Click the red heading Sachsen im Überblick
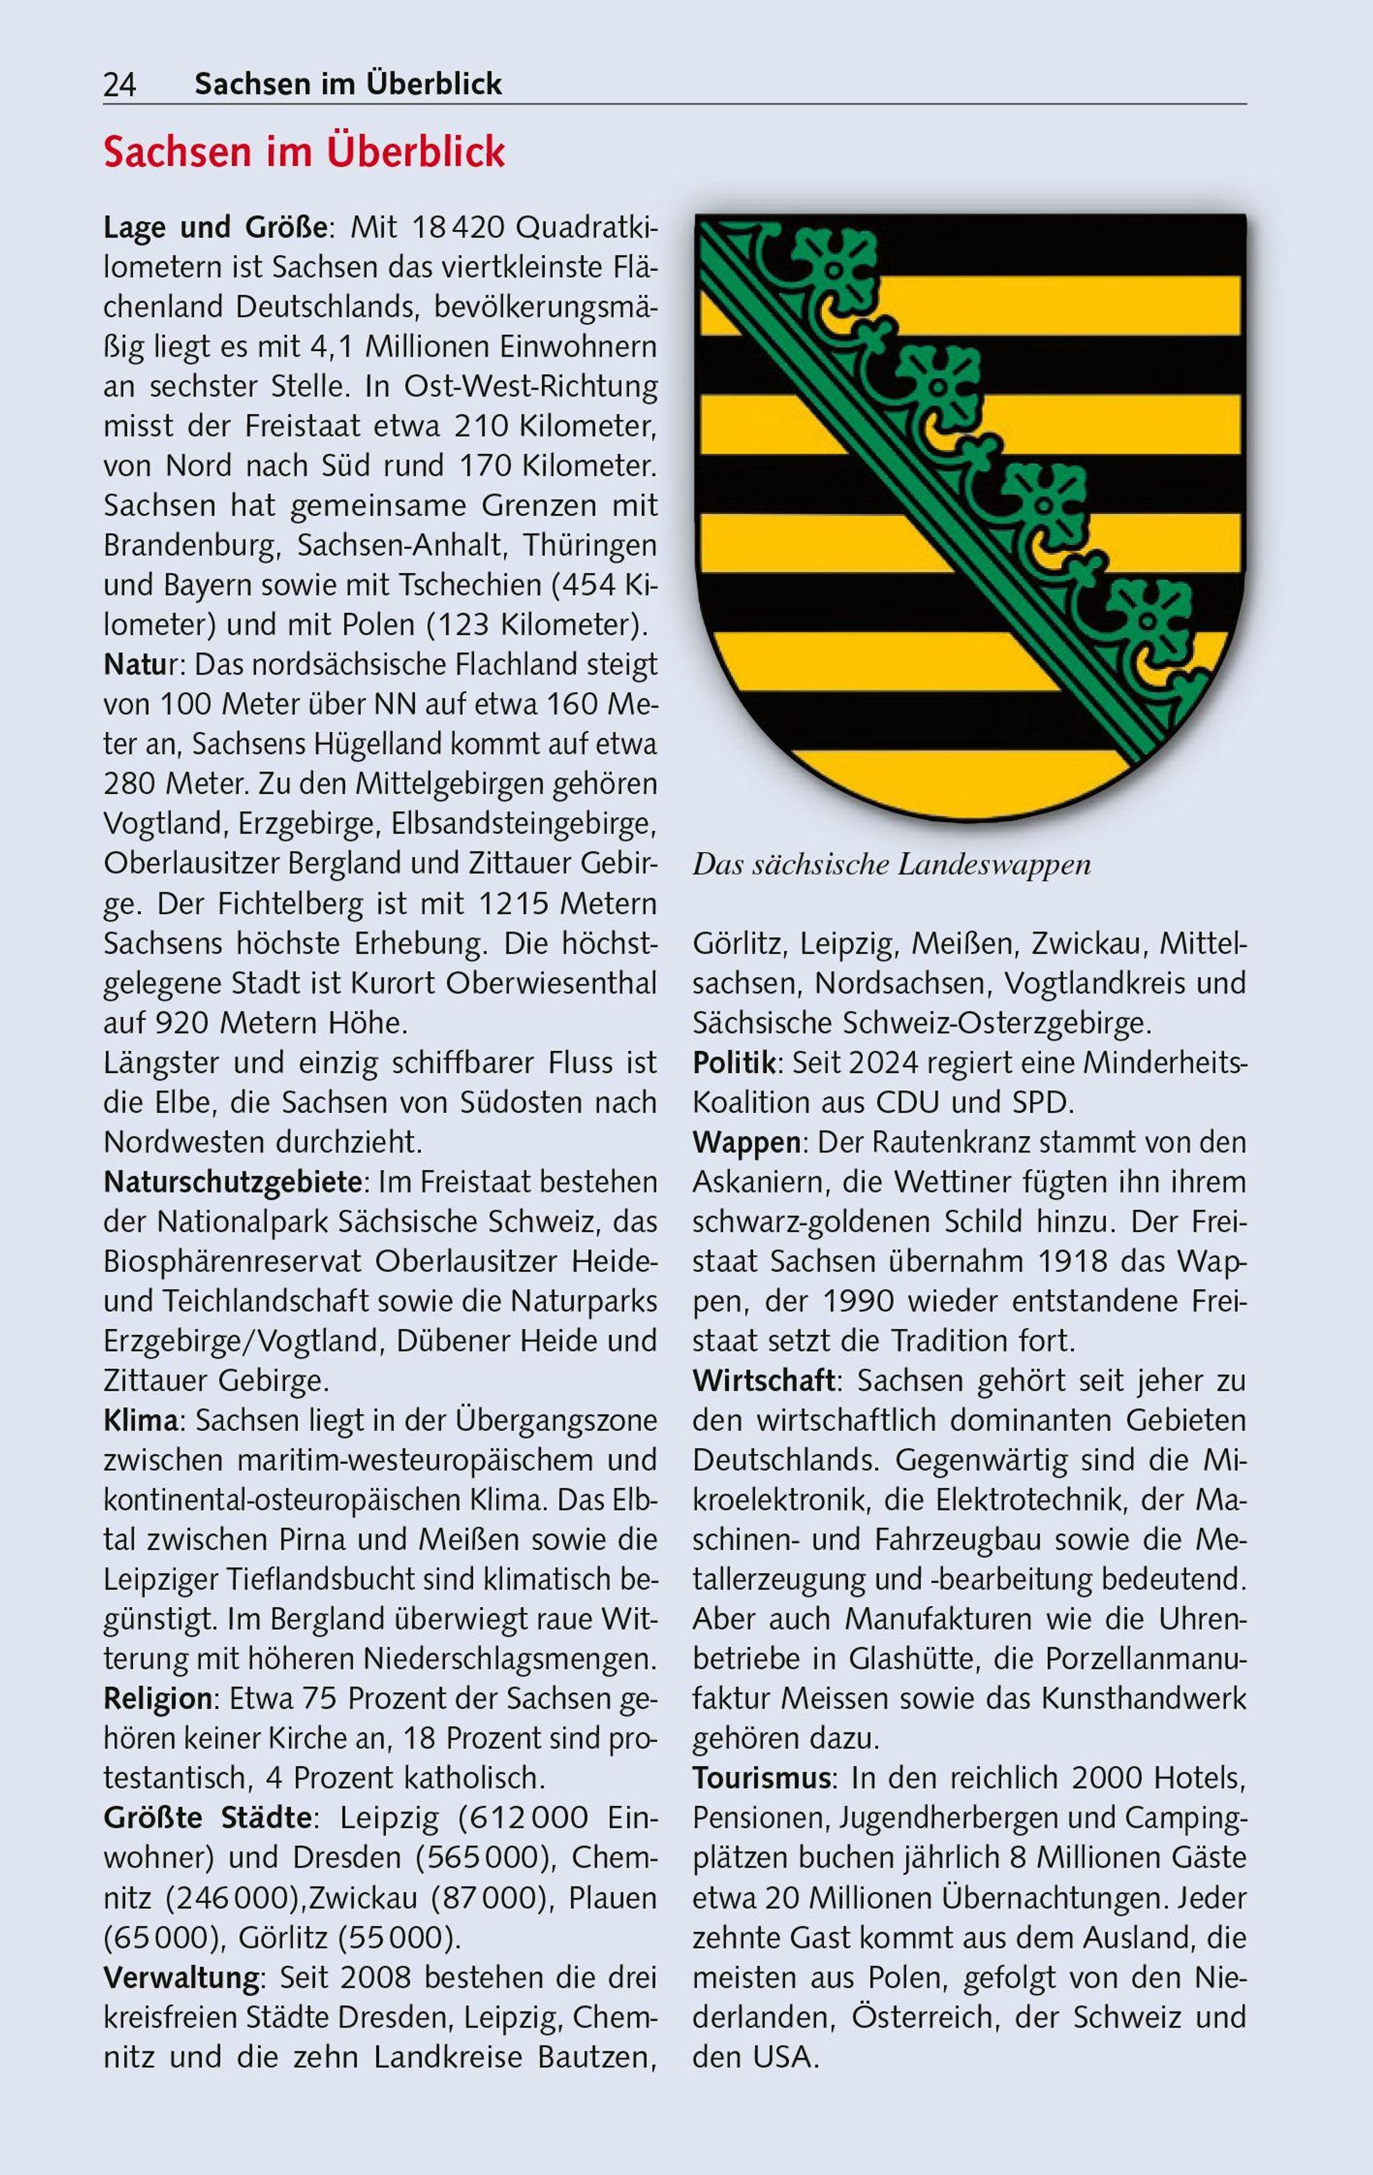(304, 153)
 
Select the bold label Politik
(733, 1063)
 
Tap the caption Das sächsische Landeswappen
(891, 865)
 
